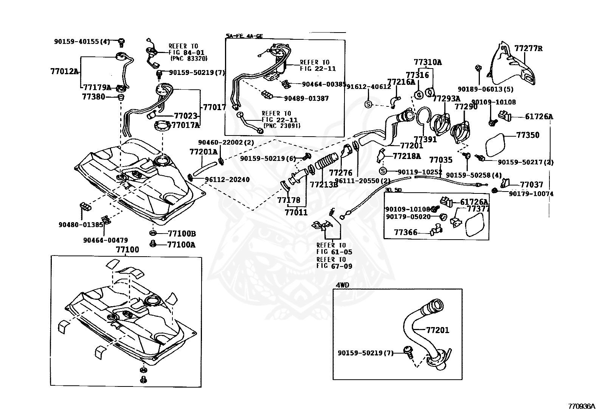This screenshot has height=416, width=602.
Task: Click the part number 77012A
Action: point(64,71)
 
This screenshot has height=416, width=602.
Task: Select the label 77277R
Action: point(528,48)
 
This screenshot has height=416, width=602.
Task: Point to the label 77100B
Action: point(182,234)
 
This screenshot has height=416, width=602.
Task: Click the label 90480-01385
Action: point(81,224)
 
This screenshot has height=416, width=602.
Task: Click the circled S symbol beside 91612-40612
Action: point(369,104)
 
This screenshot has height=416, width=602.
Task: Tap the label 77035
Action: point(441,160)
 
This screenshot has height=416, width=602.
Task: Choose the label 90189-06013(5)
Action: point(480,89)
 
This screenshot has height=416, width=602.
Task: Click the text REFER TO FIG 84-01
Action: point(183,49)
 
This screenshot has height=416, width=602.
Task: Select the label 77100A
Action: point(182,245)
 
